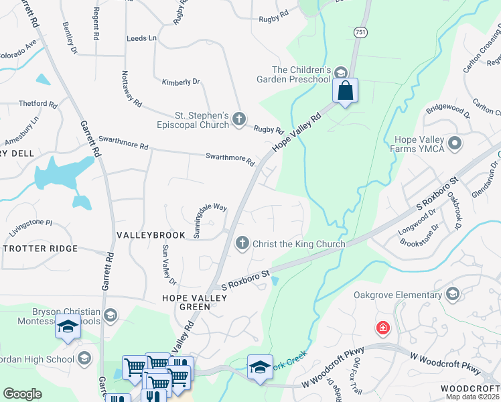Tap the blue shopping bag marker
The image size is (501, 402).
(345, 91)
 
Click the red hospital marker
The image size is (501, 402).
(382, 328)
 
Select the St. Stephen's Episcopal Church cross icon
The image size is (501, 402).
(240, 120)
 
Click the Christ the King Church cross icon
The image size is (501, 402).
(242, 244)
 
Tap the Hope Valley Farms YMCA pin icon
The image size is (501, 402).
(455, 143)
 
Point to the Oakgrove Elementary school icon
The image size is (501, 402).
(453, 293)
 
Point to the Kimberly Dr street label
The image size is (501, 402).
(181, 82)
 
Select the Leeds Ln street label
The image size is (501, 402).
(141, 38)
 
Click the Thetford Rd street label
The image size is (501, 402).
(38, 104)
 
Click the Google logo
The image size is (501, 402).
(23, 394)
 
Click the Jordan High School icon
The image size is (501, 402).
(84, 358)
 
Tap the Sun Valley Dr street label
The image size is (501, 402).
(168, 263)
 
